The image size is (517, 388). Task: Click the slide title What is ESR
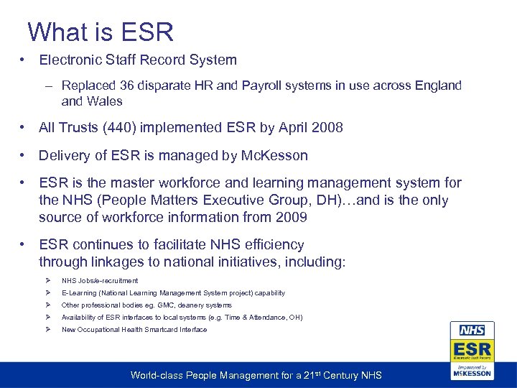click(x=101, y=32)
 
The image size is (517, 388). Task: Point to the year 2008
click(x=327, y=127)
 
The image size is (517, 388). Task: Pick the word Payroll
click(x=265, y=86)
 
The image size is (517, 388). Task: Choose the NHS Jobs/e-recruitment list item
click(x=100, y=281)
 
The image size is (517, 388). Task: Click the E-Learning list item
click(x=173, y=293)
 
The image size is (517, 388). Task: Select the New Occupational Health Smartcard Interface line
click(x=134, y=330)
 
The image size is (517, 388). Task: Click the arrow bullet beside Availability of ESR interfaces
click(x=47, y=318)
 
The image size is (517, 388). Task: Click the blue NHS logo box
click(x=472, y=331)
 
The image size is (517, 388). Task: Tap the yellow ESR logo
click(x=472, y=350)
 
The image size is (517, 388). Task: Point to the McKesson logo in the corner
click(x=472, y=371)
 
